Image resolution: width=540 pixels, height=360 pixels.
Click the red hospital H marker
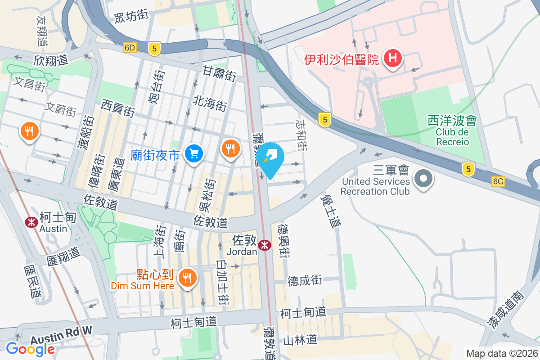[393, 58]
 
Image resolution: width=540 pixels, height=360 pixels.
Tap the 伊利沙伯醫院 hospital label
[342, 59]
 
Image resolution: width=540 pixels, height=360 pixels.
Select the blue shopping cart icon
[194, 154]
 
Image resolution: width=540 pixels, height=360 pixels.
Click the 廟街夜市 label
[155, 156]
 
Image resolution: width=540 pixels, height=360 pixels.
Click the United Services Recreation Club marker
[423, 178]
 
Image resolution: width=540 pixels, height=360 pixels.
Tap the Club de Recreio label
[452, 137]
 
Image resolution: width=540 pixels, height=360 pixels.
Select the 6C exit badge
[498, 181]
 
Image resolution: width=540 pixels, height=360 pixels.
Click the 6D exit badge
[130, 47]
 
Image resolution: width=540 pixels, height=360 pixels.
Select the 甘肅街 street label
[219, 73]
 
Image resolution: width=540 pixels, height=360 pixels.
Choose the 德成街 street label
[305, 281]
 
